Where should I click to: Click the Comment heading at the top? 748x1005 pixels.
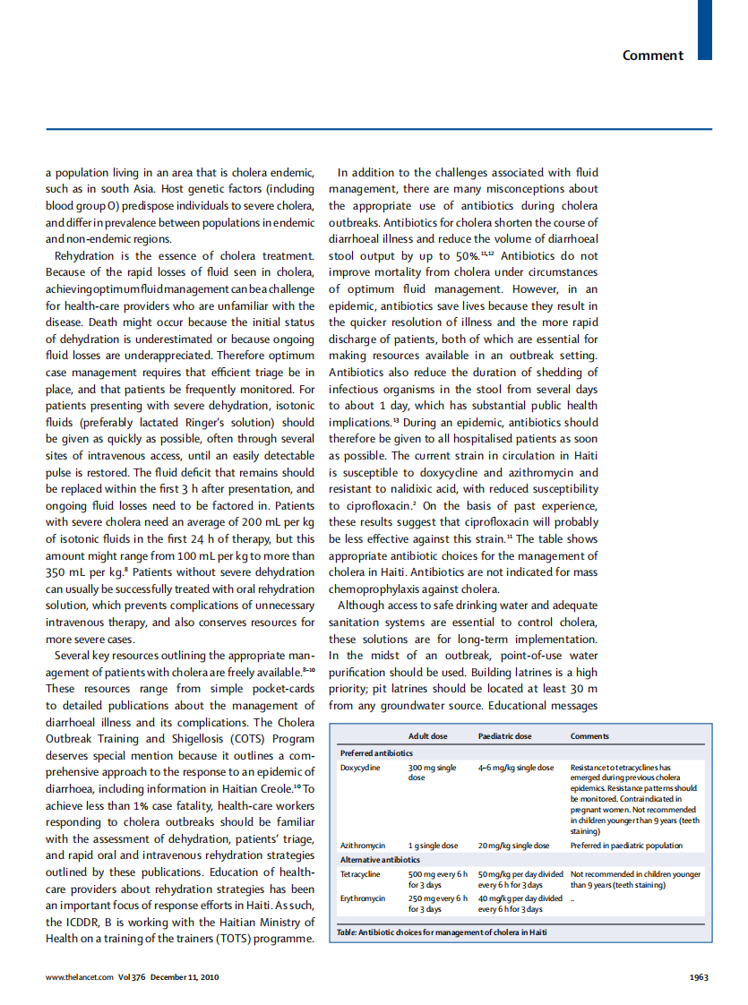pos(652,56)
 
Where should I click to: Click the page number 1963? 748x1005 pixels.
pos(699,977)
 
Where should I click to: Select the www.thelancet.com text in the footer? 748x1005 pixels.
pos(80,977)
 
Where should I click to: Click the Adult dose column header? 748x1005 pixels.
pos(427,736)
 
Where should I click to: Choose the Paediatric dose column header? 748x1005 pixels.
pos(504,736)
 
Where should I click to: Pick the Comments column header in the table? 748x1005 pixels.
pos(589,736)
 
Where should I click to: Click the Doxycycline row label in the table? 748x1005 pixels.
pos(360,768)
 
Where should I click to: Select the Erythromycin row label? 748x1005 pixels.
pos(363,898)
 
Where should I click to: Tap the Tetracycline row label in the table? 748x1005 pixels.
pos(360,873)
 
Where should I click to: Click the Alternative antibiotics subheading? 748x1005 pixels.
pos(380,860)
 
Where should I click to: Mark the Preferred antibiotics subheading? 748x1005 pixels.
pos(376,753)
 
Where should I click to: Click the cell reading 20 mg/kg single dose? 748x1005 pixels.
pos(513,846)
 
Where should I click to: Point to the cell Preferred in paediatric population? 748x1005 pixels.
pos(625,846)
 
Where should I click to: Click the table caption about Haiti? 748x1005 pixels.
pos(441,932)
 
